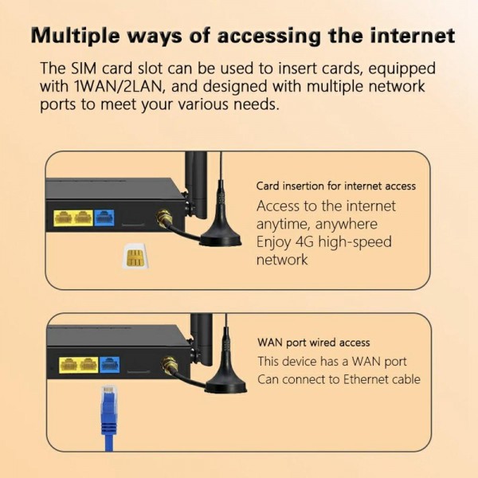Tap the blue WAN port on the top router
tap(105, 217)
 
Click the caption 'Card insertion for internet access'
tap(335, 186)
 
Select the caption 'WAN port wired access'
tap(313, 343)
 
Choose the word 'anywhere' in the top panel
tap(345, 225)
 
